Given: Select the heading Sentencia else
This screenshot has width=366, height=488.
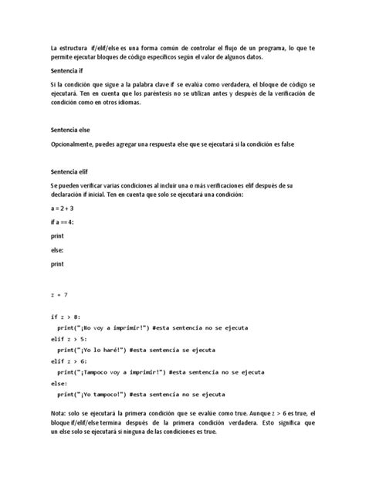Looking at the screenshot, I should (x=70, y=130).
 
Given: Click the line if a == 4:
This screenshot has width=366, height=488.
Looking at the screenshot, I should (x=63, y=222).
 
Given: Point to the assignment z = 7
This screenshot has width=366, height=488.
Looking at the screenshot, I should (x=60, y=295).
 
